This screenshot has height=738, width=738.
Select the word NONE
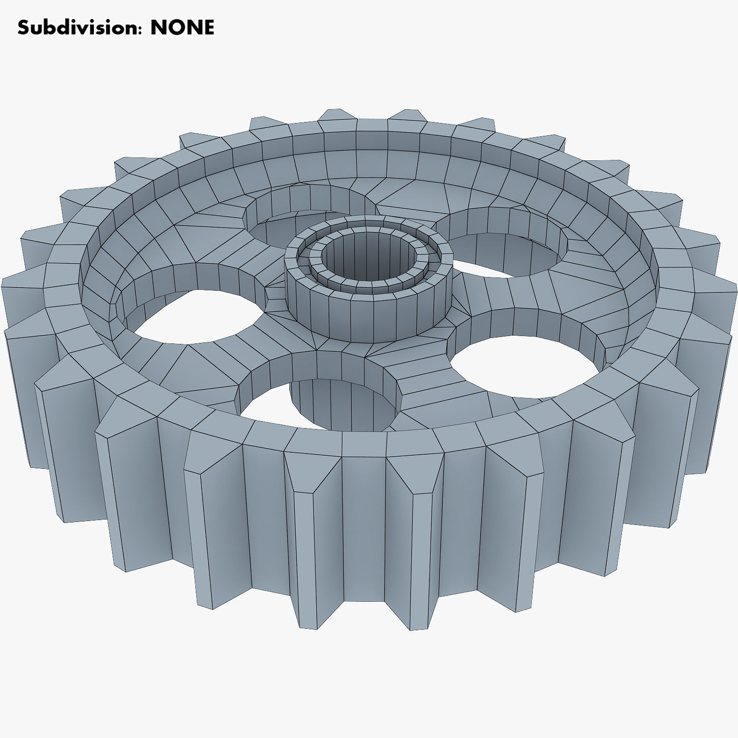tap(182, 28)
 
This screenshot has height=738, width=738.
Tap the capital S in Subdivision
tap(23, 28)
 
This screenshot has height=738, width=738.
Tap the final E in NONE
tap(209, 28)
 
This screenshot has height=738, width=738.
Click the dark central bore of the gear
tap(369, 256)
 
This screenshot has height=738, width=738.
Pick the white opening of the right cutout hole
tap(522, 364)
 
